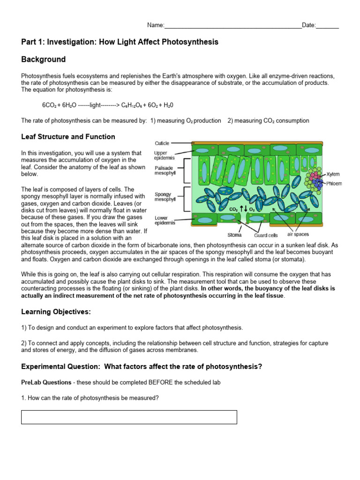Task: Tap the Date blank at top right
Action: (327, 26)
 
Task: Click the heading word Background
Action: (43, 60)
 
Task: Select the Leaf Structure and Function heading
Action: (68, 137)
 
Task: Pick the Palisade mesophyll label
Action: (165, 170)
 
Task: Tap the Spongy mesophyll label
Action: (165, 196)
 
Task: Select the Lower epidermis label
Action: (165, 220)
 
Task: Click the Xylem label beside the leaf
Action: (333, 174)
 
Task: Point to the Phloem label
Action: (334, 183)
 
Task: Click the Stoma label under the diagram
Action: (234, 235)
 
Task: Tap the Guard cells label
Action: (266, 235)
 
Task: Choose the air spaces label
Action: (298, 234)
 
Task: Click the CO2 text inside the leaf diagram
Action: (233, 209)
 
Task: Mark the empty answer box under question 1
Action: (129, 417)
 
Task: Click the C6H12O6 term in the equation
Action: (136, 105)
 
